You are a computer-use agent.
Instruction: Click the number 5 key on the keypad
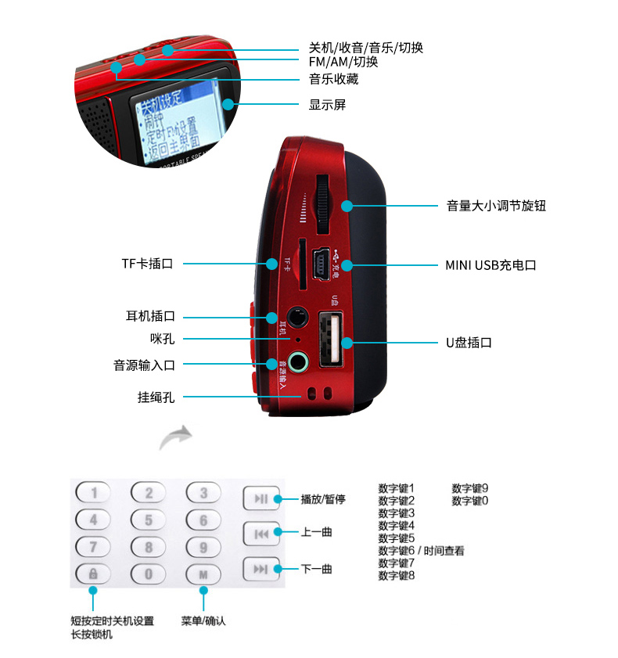pyautogui.click(x=148, y=519)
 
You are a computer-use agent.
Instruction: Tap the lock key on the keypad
pyautogui.click(x=92, y=574)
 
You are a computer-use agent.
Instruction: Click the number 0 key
pyautogui.click(x=148, y=574)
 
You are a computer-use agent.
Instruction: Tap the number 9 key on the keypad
pyautogui.click(x=203, y=546)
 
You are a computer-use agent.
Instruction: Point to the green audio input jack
pyautogui.click(x=297, y=363)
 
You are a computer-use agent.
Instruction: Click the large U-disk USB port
pyautogui.click(x=330, y=338)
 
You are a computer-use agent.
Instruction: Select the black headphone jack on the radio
pyautogui.click(x=295, y=318)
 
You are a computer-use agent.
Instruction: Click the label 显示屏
pyautogui.click(x=327, y=105)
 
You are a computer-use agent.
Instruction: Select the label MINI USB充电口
pyautogui.click(x=490, y=265)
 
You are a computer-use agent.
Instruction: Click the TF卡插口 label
pyautogui.click(x=146, y=264)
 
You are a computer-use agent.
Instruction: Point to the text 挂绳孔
pyautogui.click(x=156, y=397)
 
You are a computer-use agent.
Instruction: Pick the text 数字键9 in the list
pyautogui.click(x=469, y=488)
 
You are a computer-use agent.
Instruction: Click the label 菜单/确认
pyautogui.click(x=203, y=621)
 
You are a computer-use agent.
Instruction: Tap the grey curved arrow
pyautogui.click(x=176, y=438)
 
